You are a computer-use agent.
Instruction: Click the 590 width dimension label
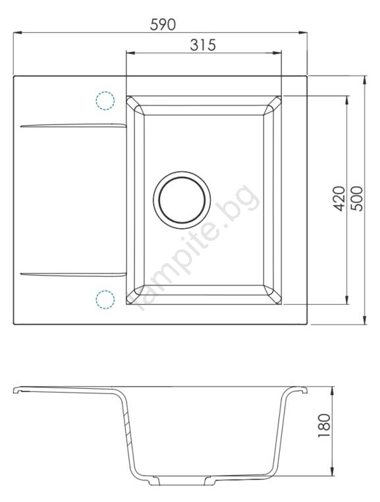(x=163, y=24)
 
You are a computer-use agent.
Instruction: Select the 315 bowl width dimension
(x=203, y=45)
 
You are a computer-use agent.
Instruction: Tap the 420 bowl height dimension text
(x=339, y=199)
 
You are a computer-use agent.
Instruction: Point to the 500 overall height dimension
(x=357, y=199)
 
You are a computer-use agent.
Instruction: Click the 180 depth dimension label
(x=323, y=426)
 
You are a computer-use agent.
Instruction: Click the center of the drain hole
(x=182, y=200)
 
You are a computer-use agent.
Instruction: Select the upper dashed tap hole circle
(x=105, y=101)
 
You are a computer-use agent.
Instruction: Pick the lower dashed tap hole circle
(x=105, y=299)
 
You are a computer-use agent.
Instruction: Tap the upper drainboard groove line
(x=73, y=125)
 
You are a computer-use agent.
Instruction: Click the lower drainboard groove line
(x=73, y=274)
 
